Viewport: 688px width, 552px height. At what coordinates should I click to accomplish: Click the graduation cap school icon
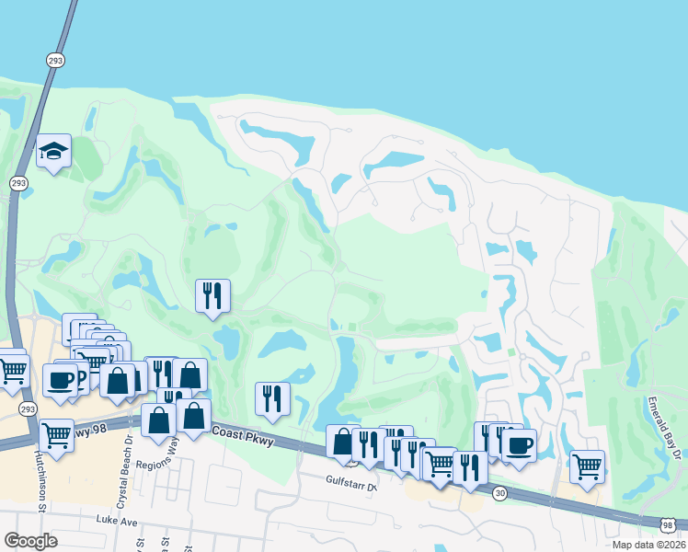point(53,152)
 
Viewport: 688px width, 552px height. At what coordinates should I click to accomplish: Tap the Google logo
point(30,541)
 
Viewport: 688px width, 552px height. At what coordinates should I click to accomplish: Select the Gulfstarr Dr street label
point(352,480)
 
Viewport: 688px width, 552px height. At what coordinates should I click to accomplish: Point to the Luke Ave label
point(116,520)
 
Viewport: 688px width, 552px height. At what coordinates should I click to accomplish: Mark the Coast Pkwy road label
point(243,436)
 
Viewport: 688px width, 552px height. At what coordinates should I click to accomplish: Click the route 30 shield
point(498,493)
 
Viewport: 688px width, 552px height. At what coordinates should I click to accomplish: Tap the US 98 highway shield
point(666,523)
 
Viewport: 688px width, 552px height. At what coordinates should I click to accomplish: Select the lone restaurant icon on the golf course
point(212,295)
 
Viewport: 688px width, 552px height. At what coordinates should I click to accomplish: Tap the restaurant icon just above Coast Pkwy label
point(272,398)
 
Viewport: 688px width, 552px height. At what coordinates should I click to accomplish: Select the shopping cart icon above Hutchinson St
point(56,432)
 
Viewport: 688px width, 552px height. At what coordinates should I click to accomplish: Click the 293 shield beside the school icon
point(18,183)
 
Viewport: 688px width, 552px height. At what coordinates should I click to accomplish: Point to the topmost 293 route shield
point(54,59)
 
